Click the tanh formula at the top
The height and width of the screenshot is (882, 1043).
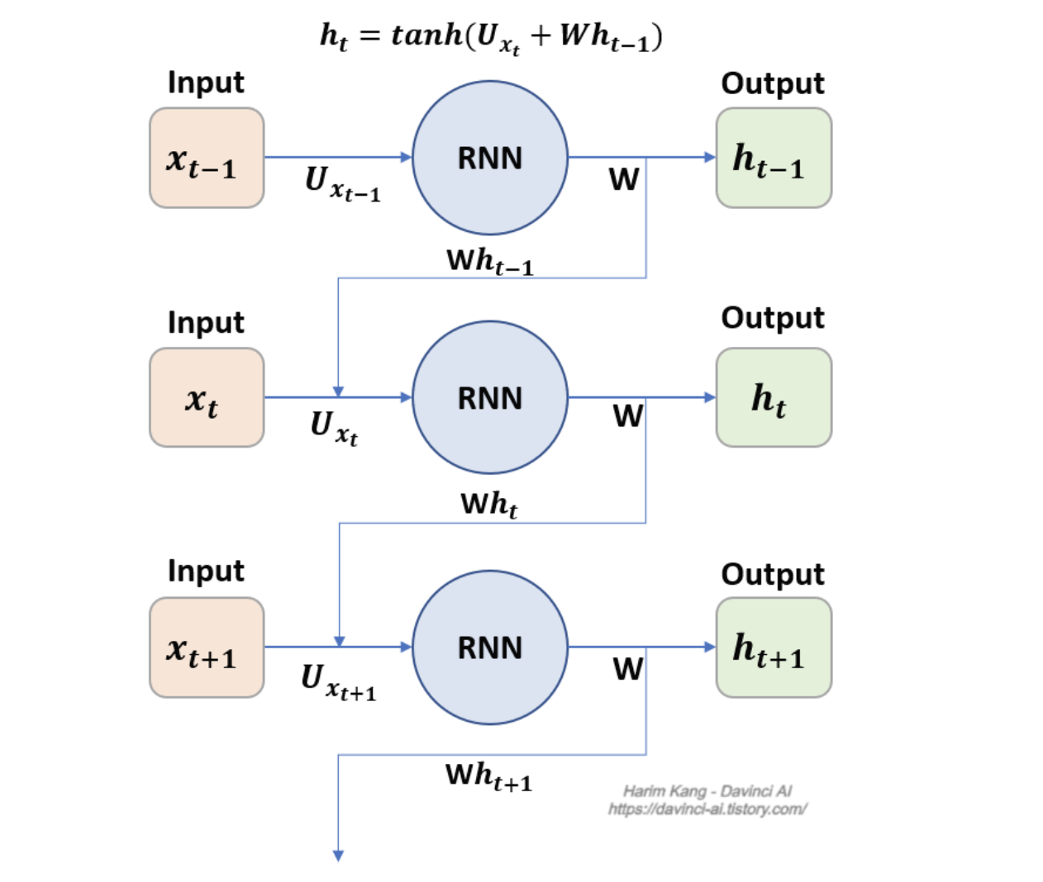point(491,37)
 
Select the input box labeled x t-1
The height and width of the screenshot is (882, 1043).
point(207,158)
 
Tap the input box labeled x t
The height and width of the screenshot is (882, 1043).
point(207,398)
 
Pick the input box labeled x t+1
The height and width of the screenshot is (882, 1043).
point(207,647)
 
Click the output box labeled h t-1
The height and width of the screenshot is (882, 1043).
point(774,158)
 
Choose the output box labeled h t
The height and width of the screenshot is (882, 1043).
point(774,398)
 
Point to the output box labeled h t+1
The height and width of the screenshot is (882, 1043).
point(774,647)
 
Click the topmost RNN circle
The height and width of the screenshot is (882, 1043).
point(490,158)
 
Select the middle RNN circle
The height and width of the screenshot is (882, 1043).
point(490,398)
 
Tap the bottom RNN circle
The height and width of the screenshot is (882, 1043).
point(490,647)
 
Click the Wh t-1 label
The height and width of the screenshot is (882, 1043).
point(490,262)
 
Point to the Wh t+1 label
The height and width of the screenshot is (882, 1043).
point(489,776)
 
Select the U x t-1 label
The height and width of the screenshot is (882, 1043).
point(342,183)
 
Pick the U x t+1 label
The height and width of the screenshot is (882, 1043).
point(339,680)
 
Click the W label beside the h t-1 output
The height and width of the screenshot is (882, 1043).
point(624,179)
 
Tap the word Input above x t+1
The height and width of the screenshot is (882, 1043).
point(206,571)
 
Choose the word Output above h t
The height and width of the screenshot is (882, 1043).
point(773,318)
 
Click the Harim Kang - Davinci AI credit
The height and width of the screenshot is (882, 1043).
point(707,791)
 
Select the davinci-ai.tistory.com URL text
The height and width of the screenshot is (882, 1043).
point(707,809)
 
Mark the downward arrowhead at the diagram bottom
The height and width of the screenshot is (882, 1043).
point(338,856)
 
